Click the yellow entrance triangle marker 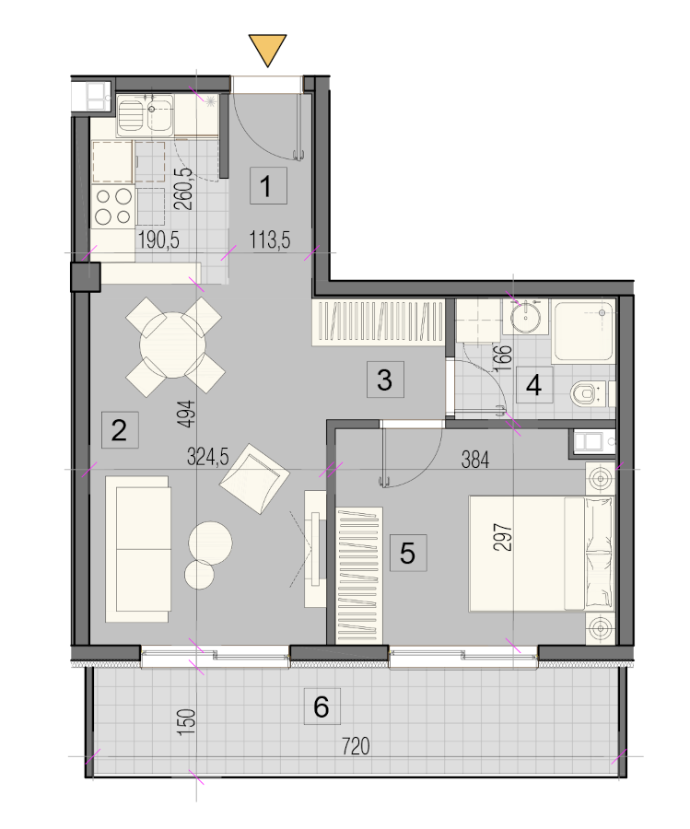click(267, 48)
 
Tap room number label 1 click(269, 185)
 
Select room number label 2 click(120, 430)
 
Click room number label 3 click(385, 379)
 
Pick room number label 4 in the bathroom click(534, 385)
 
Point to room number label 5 click(408, 553)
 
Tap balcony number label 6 click(322, 706)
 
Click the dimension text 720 click(356, 746)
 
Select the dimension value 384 click(474, 460)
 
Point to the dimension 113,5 click(270, 240)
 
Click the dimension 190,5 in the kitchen click(158, 240)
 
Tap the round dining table click(173, 345)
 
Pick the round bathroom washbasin click(526, 317)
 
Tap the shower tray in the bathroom click(584, 332)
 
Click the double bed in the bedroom click(542, 554)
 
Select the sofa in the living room click(137, 549)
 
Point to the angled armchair click(255, 478)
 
